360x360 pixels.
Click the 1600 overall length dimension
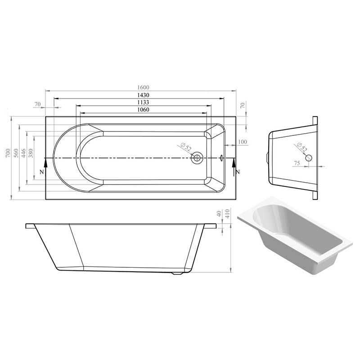tap(144, 87)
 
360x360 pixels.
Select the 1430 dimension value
tap(144, 95)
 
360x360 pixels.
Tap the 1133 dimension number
tap(144, 102)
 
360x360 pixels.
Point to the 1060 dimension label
tap(144, 110)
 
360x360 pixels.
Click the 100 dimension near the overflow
tap(243, 142)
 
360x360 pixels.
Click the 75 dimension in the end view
tap(297, 163)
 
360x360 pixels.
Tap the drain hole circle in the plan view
tap(197, 158)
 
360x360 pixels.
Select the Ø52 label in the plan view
tap(186, 147)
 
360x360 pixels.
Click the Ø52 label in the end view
tap(302, 148)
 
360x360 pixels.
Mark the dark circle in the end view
tap(309, 158)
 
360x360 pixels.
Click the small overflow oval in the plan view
tap(222, 158)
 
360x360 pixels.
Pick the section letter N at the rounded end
tap(42, 172)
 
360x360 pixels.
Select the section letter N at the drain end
tap(238, 172)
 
